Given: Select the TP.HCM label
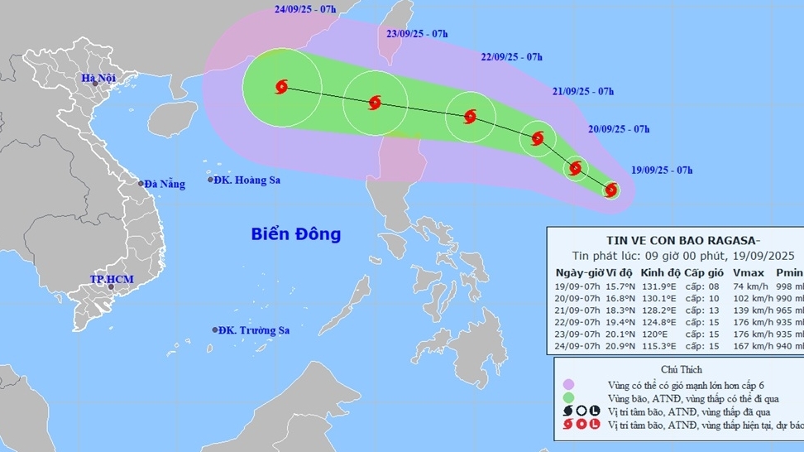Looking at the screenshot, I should coord(111,280).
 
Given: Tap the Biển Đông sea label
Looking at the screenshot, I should coord(296,234).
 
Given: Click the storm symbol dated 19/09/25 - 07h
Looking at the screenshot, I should coord(611,190).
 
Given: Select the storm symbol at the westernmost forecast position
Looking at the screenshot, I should coord(281,86).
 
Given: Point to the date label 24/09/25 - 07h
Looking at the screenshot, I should coord(305,10).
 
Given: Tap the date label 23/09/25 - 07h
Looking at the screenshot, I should coord(417,34).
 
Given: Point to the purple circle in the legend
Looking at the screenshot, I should coord(568,385).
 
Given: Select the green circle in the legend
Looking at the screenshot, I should coord(568,398).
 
